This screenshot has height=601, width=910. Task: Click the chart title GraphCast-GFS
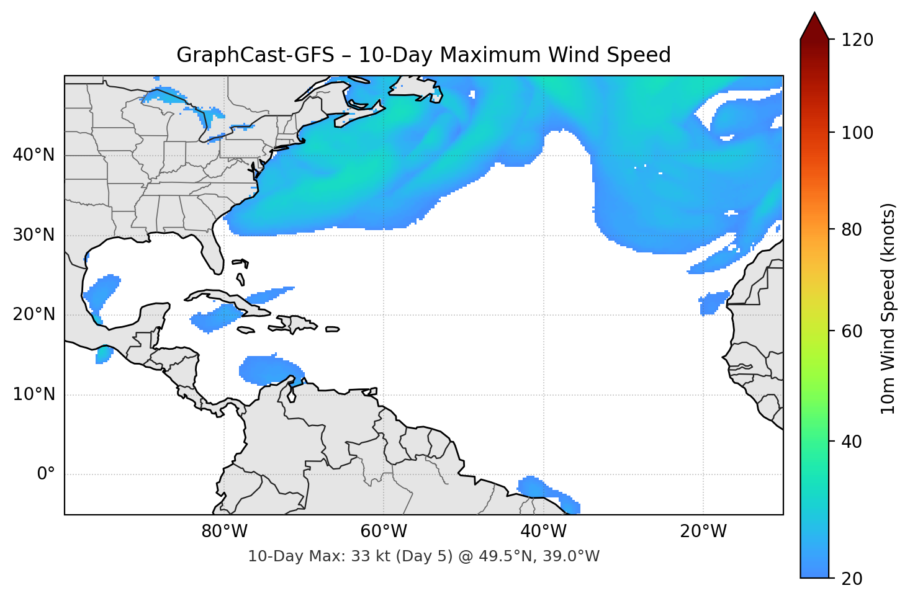(423, 55)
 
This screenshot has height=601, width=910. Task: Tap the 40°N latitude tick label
(34, 155)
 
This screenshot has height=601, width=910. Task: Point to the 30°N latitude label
(34, 235)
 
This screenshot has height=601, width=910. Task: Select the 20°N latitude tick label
(34, 314)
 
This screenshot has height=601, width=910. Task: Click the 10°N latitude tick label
(34, 394)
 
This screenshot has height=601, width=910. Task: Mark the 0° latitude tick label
(46, 474)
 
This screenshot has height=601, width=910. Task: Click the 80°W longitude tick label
(224, 532)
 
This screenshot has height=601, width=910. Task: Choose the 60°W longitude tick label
(384, 532)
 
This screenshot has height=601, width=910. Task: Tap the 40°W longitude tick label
(543, 532)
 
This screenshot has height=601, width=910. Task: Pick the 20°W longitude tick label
(703, 532)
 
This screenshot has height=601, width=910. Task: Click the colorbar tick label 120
(857, 40)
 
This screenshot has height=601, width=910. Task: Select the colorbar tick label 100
(857, 133)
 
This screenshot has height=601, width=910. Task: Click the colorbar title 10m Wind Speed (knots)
(888, 308)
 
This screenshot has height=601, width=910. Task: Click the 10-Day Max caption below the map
(423, 556)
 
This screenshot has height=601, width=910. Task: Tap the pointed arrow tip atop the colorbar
(814, 15)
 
